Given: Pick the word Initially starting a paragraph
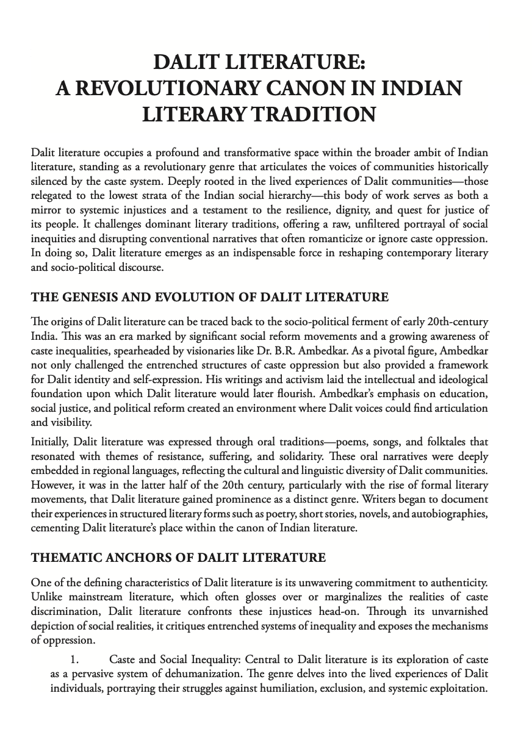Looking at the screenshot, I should coord(49,440).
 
